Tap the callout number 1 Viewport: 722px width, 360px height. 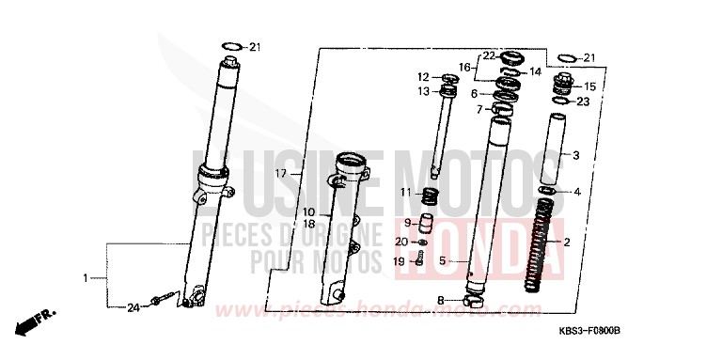(x=85, y=278)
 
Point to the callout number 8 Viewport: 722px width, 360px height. (x=440, y=300)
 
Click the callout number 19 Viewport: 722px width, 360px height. (x=400, y=261)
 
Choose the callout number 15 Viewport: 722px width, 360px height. (x=589, y=86)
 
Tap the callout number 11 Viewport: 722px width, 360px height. (x=405, y=192)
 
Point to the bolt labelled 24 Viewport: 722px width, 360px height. (x=162, y=301)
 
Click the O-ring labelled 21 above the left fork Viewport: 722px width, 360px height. (x=231, y=46)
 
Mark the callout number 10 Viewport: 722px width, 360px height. (x=308, y=211)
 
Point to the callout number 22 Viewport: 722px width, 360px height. (x=489, y=56)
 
